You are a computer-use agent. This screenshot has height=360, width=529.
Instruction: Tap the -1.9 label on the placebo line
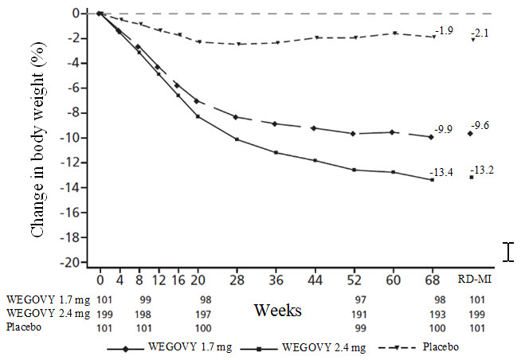click(x=444, y=30)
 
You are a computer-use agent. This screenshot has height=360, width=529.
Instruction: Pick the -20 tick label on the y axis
click(x=72, y=262)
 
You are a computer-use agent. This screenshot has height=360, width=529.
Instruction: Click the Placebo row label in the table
click(x=23, y=327)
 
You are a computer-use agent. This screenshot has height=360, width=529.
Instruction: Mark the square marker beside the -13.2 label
click(x=471, y=177)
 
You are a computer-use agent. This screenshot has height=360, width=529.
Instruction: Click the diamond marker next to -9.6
click(x=470, y=133)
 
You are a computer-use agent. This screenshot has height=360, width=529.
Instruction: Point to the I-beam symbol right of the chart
click(x=510, y=252)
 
